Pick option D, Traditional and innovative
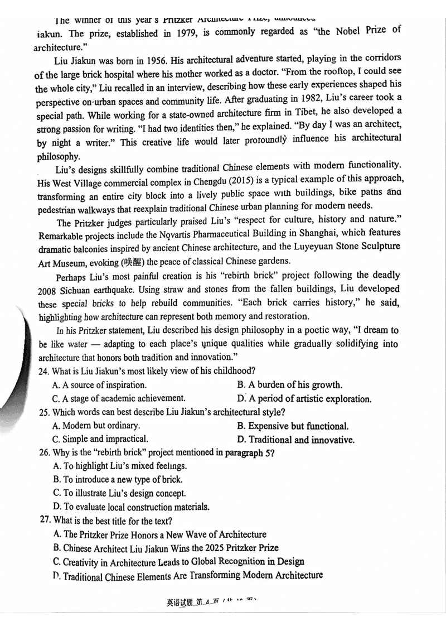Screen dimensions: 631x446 (295, 440)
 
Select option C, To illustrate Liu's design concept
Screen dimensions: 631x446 (119, 493)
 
